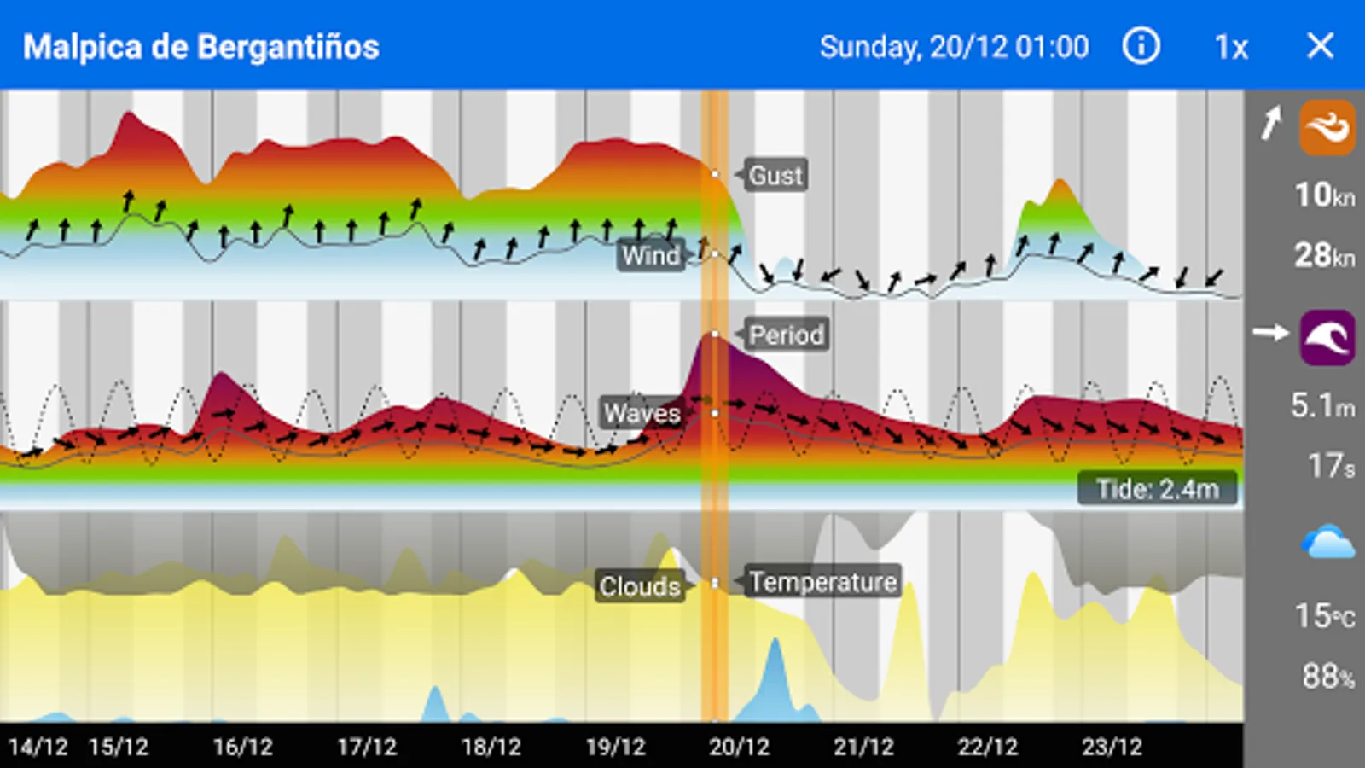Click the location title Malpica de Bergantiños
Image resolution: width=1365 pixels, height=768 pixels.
201,47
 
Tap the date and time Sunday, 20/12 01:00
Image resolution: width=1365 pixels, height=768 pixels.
954,47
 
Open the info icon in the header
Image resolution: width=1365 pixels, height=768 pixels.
1141,46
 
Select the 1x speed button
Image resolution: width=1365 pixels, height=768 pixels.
1231,47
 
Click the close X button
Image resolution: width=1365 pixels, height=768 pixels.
1320,46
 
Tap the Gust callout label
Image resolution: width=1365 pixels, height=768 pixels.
775,176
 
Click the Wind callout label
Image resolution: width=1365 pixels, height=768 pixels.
651,255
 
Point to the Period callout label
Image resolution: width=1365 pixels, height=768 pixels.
786,335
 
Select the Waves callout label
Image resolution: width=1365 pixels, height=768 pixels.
642,414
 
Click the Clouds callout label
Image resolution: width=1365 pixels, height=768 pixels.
640,586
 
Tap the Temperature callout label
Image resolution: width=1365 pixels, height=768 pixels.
823,582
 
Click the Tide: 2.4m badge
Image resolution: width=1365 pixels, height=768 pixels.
1157,489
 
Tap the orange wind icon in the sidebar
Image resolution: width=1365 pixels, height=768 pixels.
1327,127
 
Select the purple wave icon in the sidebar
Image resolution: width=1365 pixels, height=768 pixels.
1327,337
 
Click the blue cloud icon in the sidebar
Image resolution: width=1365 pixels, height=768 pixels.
1327,543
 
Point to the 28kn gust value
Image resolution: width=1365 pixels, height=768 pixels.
1324,255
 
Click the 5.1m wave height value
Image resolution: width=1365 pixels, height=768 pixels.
1322,405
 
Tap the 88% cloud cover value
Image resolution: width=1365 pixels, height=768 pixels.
1327,677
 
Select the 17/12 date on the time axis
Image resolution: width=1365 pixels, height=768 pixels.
367,748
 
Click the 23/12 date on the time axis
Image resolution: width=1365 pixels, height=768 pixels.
1112,748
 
